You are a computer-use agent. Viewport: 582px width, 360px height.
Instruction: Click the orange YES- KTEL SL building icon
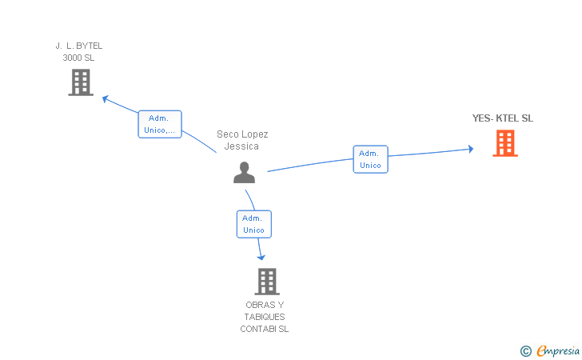coord(504,143)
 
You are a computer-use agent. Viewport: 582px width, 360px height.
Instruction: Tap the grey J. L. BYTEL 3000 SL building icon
coord(80,82)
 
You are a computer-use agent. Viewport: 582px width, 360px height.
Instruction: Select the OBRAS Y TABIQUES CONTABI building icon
coord(266,281)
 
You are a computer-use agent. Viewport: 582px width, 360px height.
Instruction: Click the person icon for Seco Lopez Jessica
coord(244,172)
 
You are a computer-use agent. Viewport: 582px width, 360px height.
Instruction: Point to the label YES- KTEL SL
coord(502,118)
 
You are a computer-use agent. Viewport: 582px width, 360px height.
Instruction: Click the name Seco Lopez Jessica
coord(242,140)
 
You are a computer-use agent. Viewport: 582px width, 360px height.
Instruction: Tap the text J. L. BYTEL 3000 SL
coord(79,51)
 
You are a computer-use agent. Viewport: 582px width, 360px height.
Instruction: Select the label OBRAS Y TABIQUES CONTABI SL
coord(265,317)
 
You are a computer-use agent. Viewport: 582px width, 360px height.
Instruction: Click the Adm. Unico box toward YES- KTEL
coord(370,159)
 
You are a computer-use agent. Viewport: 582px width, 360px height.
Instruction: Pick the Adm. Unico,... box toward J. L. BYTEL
coord(160,124)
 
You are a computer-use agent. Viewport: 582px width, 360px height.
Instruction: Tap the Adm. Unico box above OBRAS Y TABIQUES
coord(253,224)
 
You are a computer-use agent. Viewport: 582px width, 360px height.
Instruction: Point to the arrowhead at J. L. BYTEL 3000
coord(105,98)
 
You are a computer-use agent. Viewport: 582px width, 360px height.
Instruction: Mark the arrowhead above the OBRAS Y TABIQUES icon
coord(261,256)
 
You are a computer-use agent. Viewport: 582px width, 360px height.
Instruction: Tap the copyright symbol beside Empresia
coord(525,350)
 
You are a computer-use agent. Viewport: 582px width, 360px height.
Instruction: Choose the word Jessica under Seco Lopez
coord(241,146)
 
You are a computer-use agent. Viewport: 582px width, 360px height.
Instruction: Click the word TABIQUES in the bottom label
coord(265,317)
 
